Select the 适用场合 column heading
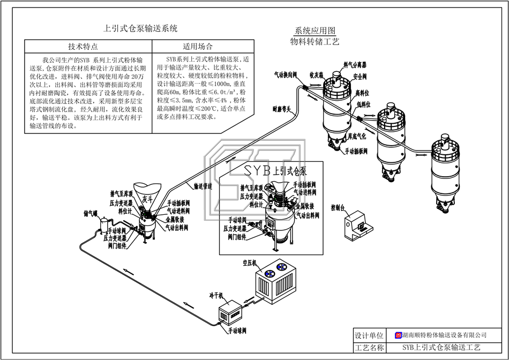[198, 46]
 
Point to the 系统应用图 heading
[315, 31]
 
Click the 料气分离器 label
[355, 65]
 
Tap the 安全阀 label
[360, 77]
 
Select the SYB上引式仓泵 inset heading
[275, 171]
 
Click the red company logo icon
[398, 335]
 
